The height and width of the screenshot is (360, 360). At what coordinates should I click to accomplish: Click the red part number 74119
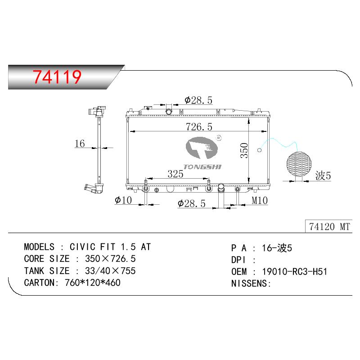(x=57, y=76)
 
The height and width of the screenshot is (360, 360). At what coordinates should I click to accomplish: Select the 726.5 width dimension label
(x=199, y=127)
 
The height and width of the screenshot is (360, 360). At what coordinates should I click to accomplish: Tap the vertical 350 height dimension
(x=244, y=150)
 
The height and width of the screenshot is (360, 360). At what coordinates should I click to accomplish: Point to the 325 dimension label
(x=175, y=174)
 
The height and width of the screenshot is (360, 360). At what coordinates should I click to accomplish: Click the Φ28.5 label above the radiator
(x=198, y=100)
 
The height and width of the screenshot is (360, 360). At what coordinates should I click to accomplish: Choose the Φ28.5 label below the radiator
(x=192, y=204)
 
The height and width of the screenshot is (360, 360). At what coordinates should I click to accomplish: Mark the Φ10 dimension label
(x=123, y=200)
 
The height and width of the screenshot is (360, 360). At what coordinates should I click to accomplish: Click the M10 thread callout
(x=260, y=200)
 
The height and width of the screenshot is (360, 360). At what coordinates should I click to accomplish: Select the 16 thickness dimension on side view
(x=80, y=144)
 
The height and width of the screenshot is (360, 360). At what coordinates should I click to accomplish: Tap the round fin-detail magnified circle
(x=299, y=164)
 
